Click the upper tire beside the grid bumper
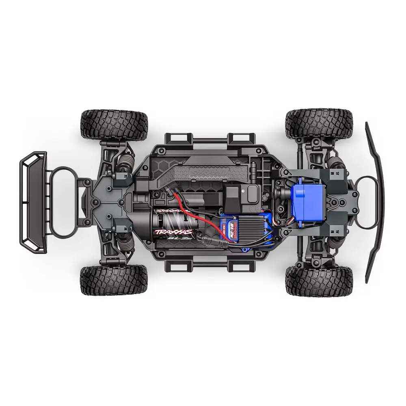point(113,124)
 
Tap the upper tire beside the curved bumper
point(319,124)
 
